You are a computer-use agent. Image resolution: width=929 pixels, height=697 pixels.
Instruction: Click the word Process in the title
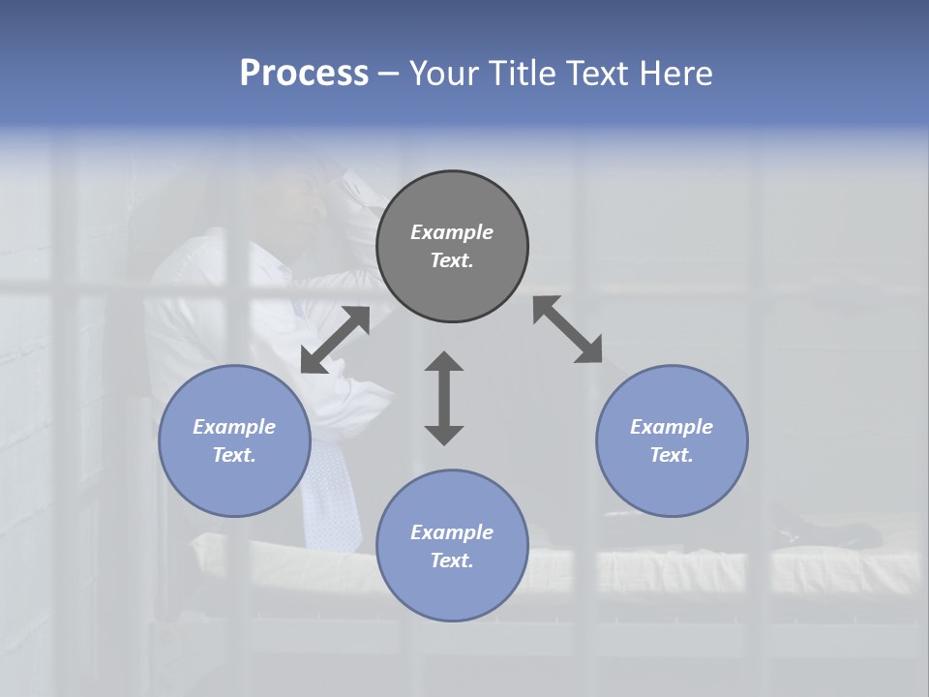click(x=304, y=74)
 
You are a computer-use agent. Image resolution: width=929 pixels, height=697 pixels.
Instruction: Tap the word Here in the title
click(x=674, y=74)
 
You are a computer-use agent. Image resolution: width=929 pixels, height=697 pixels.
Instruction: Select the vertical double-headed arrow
click(x=444, y=398)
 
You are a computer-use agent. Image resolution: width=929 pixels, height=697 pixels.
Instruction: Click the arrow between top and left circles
click(x=335, y=340)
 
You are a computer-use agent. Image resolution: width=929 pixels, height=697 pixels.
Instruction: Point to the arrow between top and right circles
click(x=567, y=330)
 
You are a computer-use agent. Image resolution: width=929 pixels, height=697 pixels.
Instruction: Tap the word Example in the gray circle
click(x=452, y=232)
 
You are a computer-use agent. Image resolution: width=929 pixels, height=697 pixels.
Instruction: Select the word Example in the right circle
click(x=672, y=427)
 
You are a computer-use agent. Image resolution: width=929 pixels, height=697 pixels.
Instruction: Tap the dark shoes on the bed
click(x=832, y=532)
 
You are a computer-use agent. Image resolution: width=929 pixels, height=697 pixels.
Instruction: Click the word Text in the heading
click(x=596, y=74)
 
